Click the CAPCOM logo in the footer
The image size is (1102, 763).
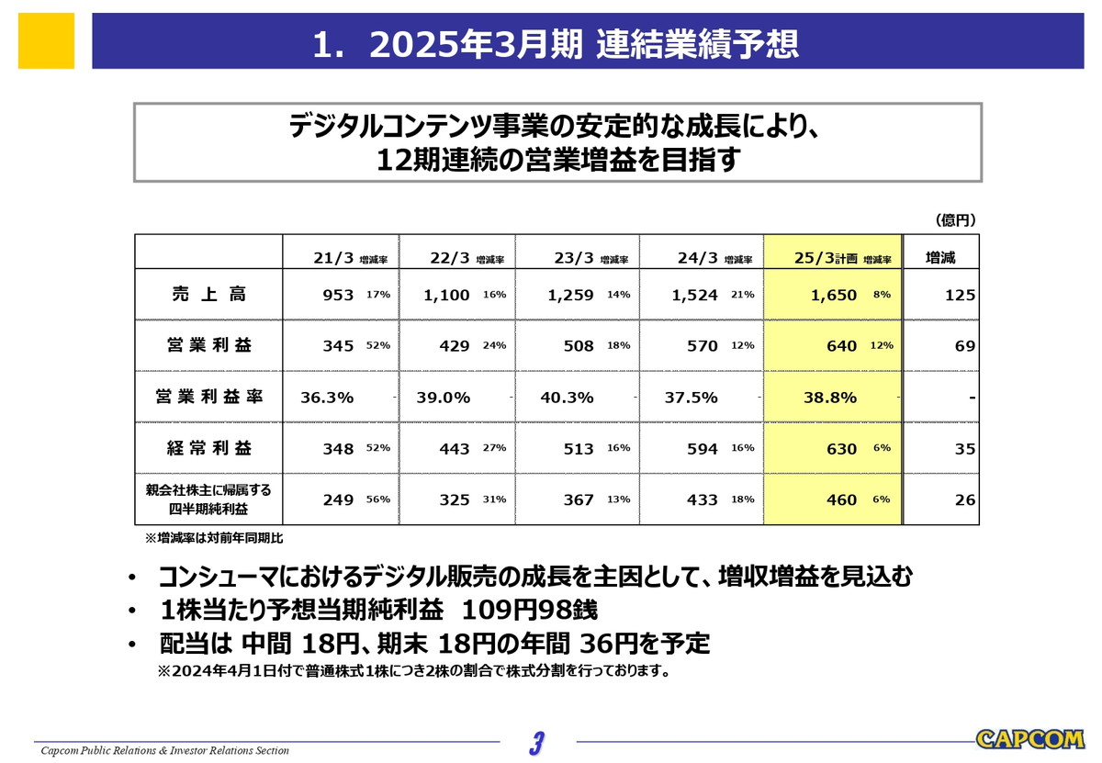click(1029, 739)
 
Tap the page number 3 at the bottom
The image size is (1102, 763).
click(537, 742)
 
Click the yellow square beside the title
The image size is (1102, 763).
click(46, 40)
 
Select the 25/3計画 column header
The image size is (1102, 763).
click(826, 258)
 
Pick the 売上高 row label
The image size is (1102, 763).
click(208, 295)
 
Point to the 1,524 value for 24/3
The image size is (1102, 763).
click(694, 296)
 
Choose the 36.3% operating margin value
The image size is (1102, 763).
click(328, 398)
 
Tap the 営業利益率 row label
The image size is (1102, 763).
click(208, 397)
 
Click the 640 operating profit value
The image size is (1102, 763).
click(841, 346)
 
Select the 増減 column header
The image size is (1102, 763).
click(940, 258)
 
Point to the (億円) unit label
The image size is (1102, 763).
click(954, 220)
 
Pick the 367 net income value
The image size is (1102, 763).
click(579, 500)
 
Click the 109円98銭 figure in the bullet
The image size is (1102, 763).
click(529, 610)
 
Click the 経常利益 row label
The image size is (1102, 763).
click(208, 448)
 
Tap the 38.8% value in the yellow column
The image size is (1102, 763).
click(829, 398)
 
